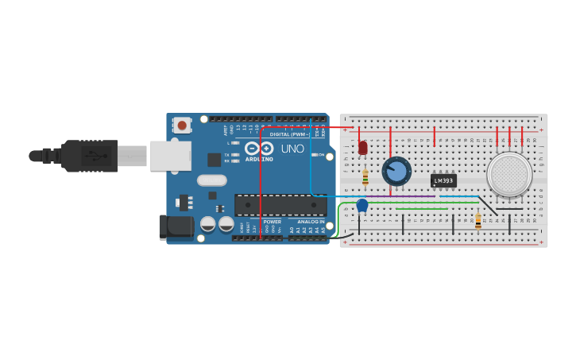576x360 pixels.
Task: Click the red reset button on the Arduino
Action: click(x=182, y=125)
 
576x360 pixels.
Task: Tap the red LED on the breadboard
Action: click(x=363, y=148)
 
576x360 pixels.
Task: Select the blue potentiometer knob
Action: click(x=396, y=171)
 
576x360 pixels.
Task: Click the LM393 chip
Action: click(x=443, y=180)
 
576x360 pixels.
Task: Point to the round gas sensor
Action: click(x=509, y=174)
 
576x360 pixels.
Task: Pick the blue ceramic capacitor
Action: click(x=362, y=206)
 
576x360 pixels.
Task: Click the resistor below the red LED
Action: click(x=365, y=176)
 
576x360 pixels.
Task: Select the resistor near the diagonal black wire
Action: click(x=478, y=220)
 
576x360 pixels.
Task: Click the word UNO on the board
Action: click(x=292, y=149)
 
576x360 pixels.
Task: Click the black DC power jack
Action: click(x=176, y=226)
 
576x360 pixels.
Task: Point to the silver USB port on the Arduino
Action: click(x=171, y=156)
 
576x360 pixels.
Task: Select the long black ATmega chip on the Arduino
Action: click(x=280, y=205)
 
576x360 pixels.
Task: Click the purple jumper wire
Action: click(x=373, y=196)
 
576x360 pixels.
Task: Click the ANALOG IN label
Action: click(x=311, y=222)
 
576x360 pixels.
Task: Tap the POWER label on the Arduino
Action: click(x=273, y=222)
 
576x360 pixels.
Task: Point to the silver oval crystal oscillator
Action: click(x=212, y=180)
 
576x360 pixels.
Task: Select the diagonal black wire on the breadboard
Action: click(x=487, y=206)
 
